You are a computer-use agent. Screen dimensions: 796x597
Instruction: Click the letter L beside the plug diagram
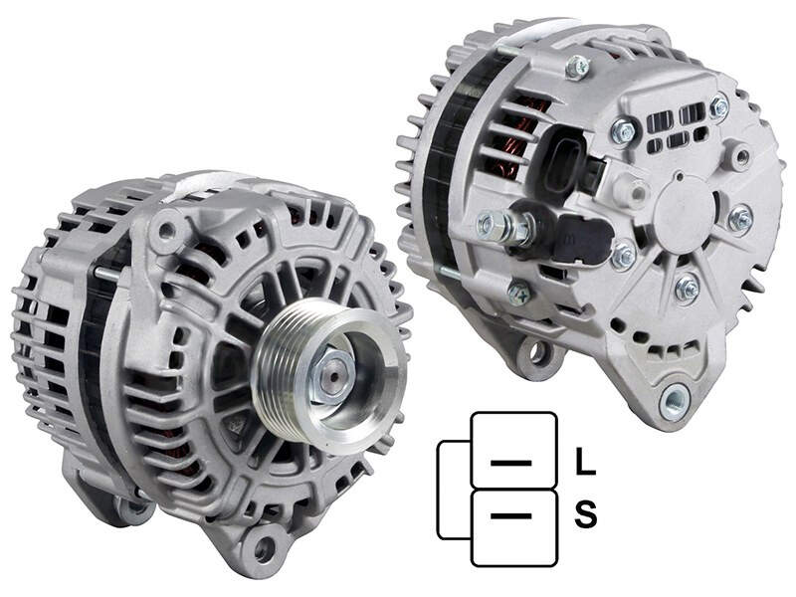coord(585,462)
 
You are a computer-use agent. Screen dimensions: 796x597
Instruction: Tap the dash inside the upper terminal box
coord(511,463)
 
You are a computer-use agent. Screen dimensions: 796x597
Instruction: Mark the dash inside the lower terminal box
coord(511,515)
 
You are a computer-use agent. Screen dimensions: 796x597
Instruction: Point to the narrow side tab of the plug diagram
coord(454,490)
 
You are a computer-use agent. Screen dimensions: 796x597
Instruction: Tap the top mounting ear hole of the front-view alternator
coord(165,231)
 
